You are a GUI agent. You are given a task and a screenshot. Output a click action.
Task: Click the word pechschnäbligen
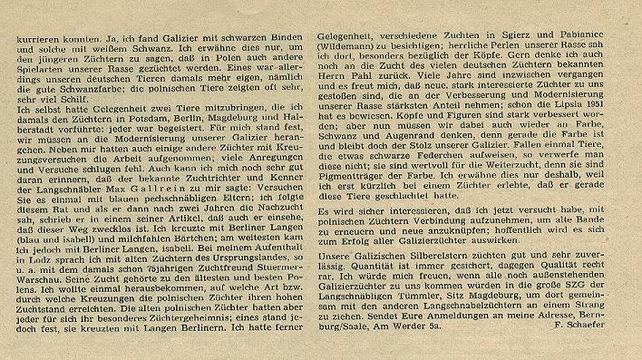tap(199, 217)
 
